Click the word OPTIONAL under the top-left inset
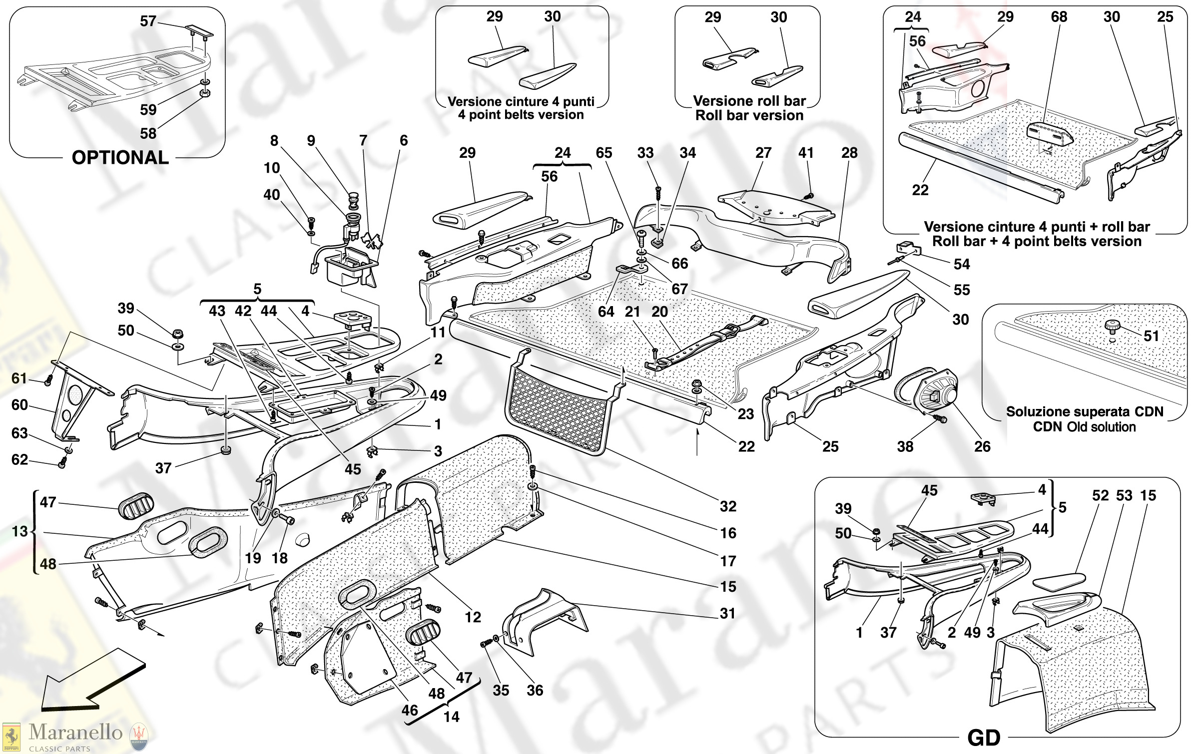[120, 158]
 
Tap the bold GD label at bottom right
[984, 738]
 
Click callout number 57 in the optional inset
[148, 21]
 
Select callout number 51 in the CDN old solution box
[1151, 336]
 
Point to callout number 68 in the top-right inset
[1059, 17]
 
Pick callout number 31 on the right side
[727, 613]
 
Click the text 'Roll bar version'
[749, 115]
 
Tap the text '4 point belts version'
[521, 115]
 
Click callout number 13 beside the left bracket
[20, 531]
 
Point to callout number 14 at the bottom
[452, 717]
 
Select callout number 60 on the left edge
[19, 404]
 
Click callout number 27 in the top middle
[763, 153]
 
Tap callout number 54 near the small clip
[962, 264]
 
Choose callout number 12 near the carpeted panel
[473, 617]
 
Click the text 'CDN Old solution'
[1084, 427]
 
